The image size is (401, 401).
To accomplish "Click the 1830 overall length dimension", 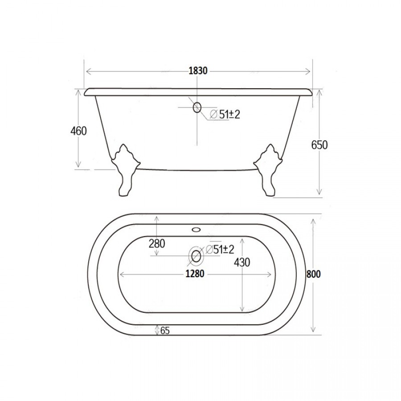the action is pyautogui.click(x=198, y=70).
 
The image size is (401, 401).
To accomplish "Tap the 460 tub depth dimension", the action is pyautogui.click(x=78, y=131).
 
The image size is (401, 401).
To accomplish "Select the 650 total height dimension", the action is pyautogui.click(x=319, y=145).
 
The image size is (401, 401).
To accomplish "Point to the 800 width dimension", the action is pyautogui.click(x=314, y=274).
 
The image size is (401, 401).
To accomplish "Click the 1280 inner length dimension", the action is pyautogui.click(x=195, y=274).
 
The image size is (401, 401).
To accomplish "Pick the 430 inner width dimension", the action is pyautogui.click(x=242, y=262).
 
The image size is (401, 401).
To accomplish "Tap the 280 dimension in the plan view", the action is pyautogui.click(x=157, y=243).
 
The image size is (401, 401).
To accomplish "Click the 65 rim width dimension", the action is pyautogui.click(x=165, y=331).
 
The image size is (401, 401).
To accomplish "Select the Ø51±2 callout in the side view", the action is pyautogui.click(x=225, y=115).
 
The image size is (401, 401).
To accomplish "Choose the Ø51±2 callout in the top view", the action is pyautogui.click(x=220, y=250).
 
